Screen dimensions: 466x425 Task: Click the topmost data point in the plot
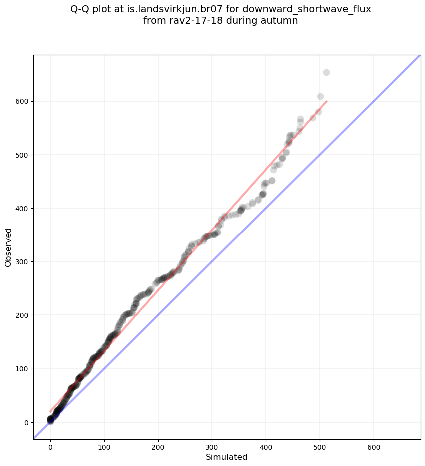tap(326, 72)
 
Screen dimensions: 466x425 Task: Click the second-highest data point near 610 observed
tap(320, 97)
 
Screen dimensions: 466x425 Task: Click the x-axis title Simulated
tap(227, 457)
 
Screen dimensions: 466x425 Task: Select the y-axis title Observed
tap(8, 247)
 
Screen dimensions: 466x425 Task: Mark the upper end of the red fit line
tap(326, 101)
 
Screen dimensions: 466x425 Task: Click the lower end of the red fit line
tap(50, 411)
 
